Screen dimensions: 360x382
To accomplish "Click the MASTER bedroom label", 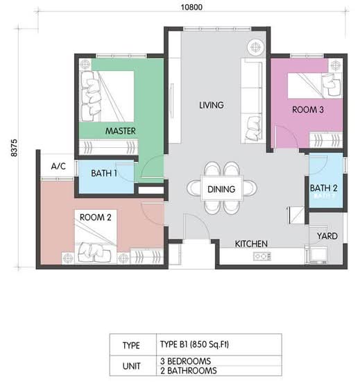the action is point(121,131).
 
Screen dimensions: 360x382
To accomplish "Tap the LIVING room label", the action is point(212,106).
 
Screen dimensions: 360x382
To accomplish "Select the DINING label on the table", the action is point(221,190).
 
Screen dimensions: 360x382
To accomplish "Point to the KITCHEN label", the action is point(251,244).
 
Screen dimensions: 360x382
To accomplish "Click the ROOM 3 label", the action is point(308,110).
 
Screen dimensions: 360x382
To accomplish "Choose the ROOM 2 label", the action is point(95,217).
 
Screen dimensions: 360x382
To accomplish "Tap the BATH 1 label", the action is point(104,174).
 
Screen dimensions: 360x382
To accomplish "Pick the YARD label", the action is point(327,236).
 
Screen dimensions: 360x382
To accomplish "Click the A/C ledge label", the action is point(58,167).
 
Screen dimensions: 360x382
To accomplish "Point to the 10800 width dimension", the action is point(191,7).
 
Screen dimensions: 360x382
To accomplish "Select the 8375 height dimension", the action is point(15,148).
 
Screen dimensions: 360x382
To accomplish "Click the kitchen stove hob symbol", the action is point(262,256).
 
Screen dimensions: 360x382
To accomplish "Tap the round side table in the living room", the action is point(256,47).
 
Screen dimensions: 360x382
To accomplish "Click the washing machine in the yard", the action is point(316,255).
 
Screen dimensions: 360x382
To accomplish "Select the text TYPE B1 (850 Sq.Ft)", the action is point(194,344).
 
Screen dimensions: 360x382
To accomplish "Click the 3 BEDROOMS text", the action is point(186,361).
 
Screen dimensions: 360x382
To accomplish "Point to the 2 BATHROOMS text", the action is point(189,371).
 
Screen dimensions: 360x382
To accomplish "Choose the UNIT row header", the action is point(132,366).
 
